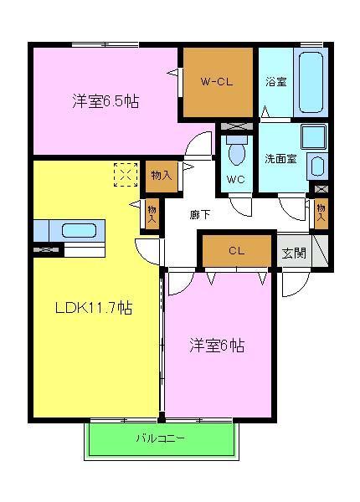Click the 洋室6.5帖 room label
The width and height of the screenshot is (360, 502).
click(105, 102)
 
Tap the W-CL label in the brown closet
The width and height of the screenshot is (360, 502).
click(218, 82)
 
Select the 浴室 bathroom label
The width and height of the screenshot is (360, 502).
click(276, 82)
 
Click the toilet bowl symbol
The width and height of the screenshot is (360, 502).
click(235, 152)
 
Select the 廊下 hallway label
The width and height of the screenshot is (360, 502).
click(200, 215)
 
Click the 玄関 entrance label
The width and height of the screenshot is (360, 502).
click(294, 253)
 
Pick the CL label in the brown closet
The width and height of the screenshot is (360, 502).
click(236, 250)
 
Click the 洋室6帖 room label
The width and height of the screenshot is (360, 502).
click(217, 344)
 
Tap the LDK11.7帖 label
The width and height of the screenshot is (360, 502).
click(93, 307)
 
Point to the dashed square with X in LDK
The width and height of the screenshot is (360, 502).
click(126, 177)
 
